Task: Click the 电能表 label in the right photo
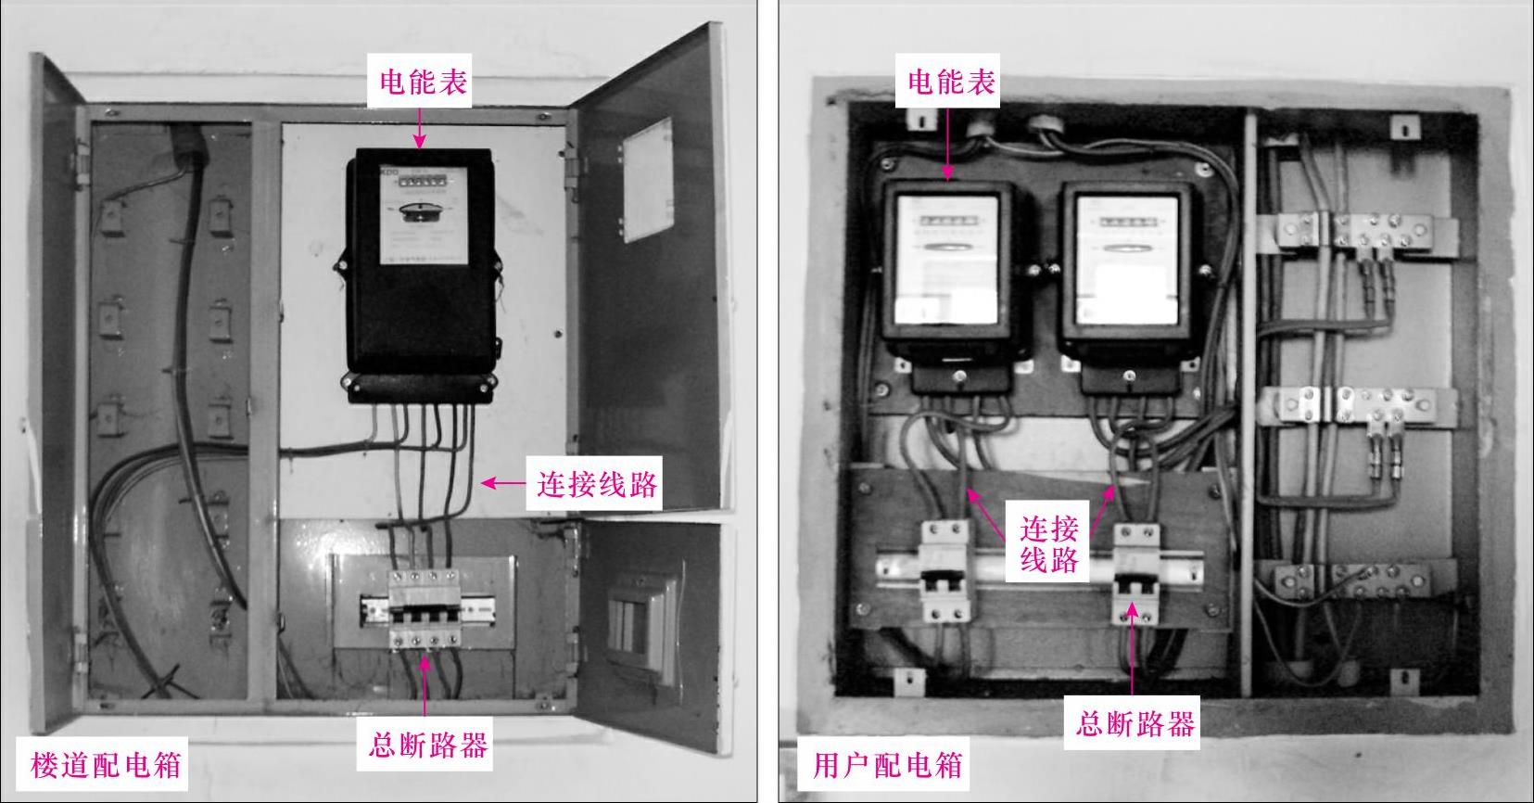(951, 82)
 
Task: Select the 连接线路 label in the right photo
(1049, 544)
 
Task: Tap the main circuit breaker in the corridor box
(424, 607)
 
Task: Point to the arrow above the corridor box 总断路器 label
(425, 686)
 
